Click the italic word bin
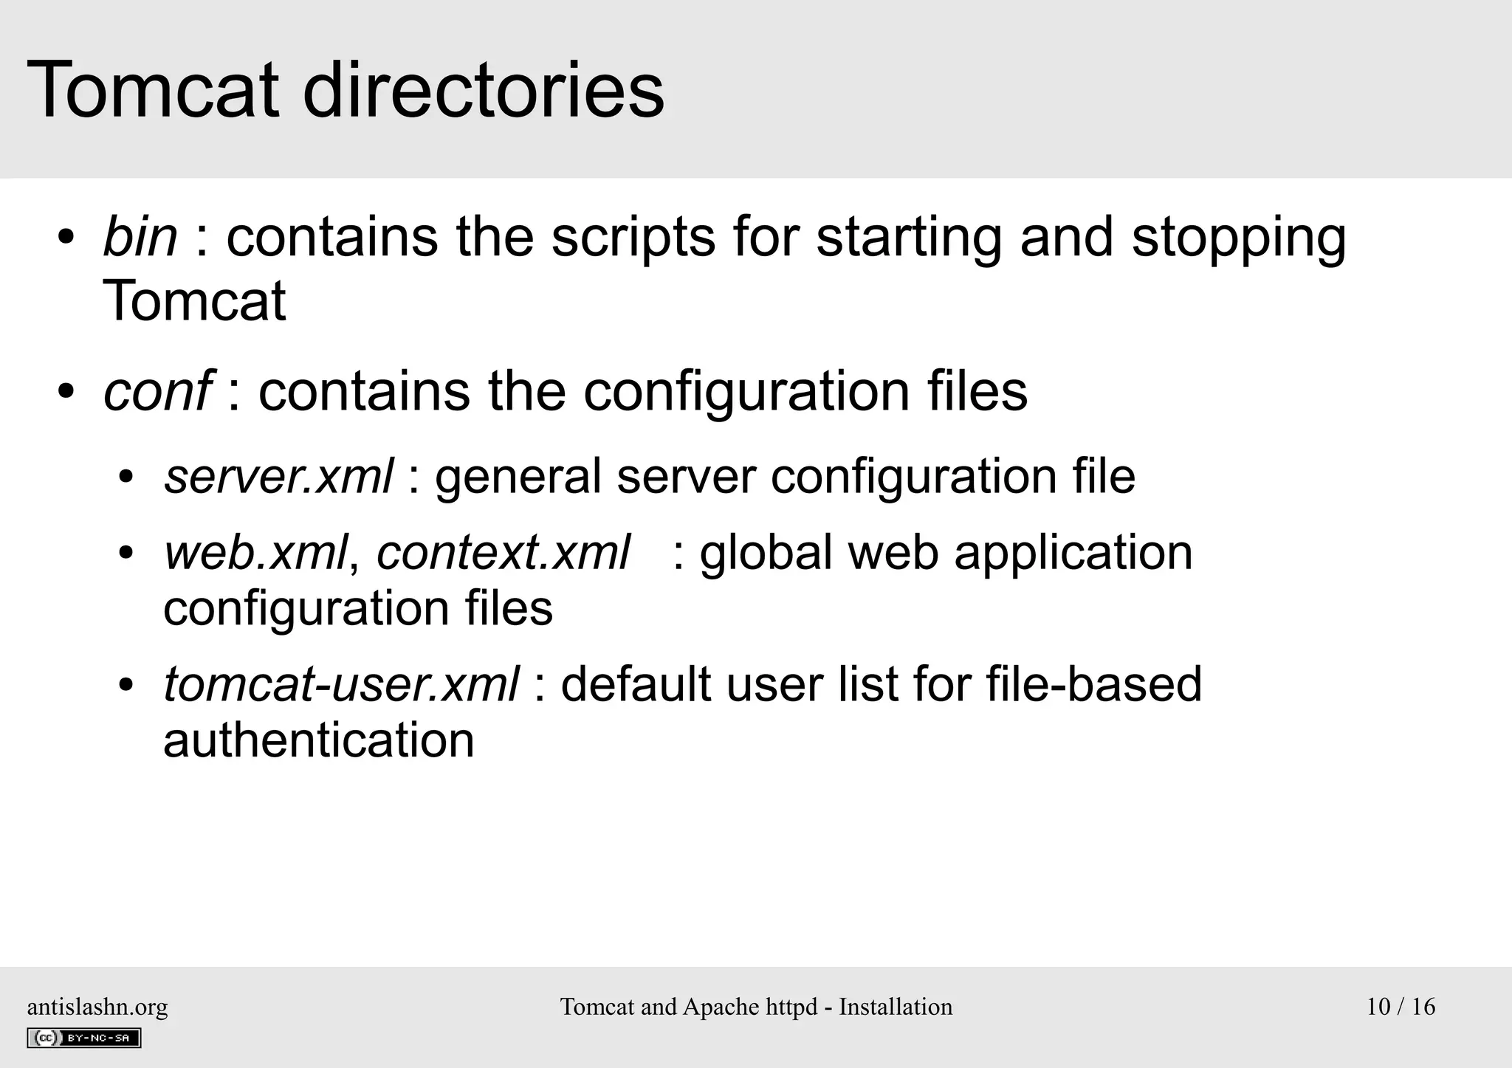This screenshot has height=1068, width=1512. coord(140,237)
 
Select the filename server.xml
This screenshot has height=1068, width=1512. coord(278,476)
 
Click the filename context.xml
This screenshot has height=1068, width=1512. coord(504,552)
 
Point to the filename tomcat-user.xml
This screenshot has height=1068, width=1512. coord(340,684)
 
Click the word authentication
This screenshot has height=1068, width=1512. coord(318,740)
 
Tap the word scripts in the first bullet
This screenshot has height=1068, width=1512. coord(633,238)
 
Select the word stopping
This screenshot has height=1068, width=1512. coord(1239,238)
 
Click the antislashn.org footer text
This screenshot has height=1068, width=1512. coord(97,1007)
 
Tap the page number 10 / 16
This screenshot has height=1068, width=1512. coord(1401,1007)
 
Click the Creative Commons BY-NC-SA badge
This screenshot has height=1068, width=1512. coord(84,1038)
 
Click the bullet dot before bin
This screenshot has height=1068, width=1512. coord(66,238)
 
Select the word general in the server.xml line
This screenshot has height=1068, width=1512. coord(518,477)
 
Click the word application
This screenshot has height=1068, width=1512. coord(1073,554)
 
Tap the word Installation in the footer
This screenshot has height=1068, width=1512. coord(895,1007)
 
